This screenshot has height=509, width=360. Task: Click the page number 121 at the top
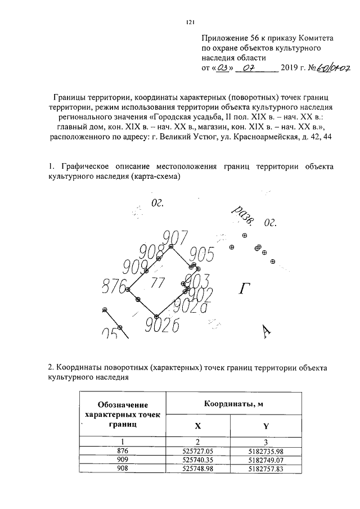coord(190,22)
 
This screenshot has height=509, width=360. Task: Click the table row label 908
coord(123,468)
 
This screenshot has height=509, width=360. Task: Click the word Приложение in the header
coord(224,38)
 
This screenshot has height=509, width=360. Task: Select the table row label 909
coord(123,460)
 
